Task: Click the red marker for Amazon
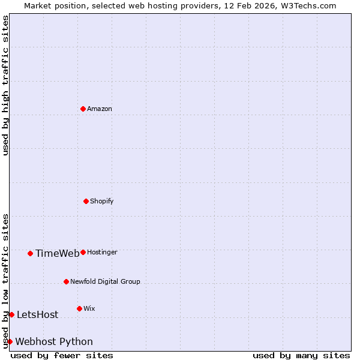coord(83,109)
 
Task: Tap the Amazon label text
coord(100,109)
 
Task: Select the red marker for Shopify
coord(86,201)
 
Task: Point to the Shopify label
coord(102,201)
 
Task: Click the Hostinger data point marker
coord(83,252)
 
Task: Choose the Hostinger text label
coord(103,252)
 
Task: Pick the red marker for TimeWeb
coord(30,253)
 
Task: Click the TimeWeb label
coord(57,253)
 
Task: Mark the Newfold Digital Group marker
coord(66,281)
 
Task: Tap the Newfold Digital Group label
coord(105,281)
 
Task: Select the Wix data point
coord(79,308)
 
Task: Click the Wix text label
coord(89,308)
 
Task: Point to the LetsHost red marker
coord(11,314)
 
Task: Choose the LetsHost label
coord(37,315)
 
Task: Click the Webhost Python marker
coord(10,341)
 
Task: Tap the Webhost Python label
coord(54,342)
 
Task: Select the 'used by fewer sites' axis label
coord(62,355)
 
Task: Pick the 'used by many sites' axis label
coord(301,355)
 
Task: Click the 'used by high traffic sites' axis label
coord(5,85)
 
